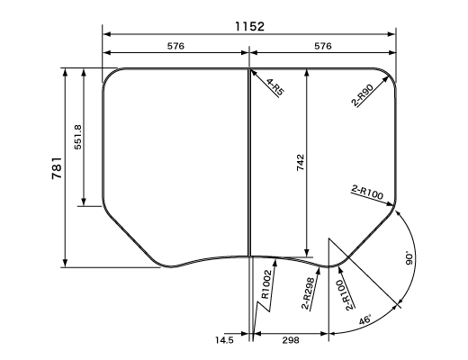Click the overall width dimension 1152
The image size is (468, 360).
[249, 26]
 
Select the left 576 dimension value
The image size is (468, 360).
[175, 46]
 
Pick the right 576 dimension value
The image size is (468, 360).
[323, 46]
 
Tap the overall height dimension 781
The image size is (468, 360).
[57, 168]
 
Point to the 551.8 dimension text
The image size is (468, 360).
[78, 137]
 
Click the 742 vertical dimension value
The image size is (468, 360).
[301, 162]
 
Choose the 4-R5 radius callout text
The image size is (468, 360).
[275, 88]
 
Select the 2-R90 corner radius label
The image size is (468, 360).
[363, 95]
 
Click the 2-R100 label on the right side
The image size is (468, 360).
[367, 193]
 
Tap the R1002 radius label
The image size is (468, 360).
[266, 284]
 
